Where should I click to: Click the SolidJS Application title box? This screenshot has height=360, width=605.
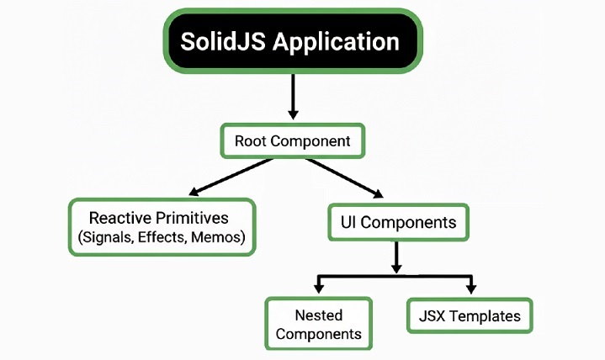tap(291, 41)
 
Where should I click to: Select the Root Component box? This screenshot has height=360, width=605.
tap(292, 140)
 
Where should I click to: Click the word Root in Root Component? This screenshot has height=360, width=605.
tap(251, 140)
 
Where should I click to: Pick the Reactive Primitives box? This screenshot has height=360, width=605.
tap(161, 227)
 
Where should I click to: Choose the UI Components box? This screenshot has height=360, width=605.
tap(396, 223)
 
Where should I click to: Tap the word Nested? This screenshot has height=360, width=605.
tap(318, 315)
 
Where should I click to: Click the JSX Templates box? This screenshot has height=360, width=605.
tap(470, 316)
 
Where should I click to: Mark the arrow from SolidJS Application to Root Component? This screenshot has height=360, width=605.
tap(292, 95)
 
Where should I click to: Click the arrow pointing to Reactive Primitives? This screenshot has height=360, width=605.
tap(231, 177)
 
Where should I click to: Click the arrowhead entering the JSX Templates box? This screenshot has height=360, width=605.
tap(470, 289)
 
